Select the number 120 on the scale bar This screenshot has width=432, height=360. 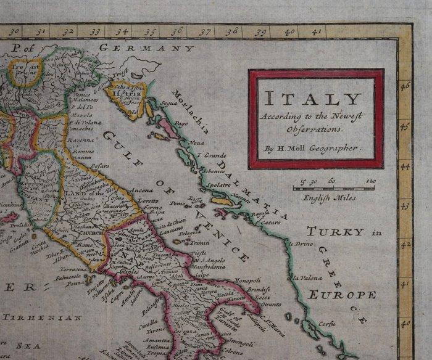tap(370, 181)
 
